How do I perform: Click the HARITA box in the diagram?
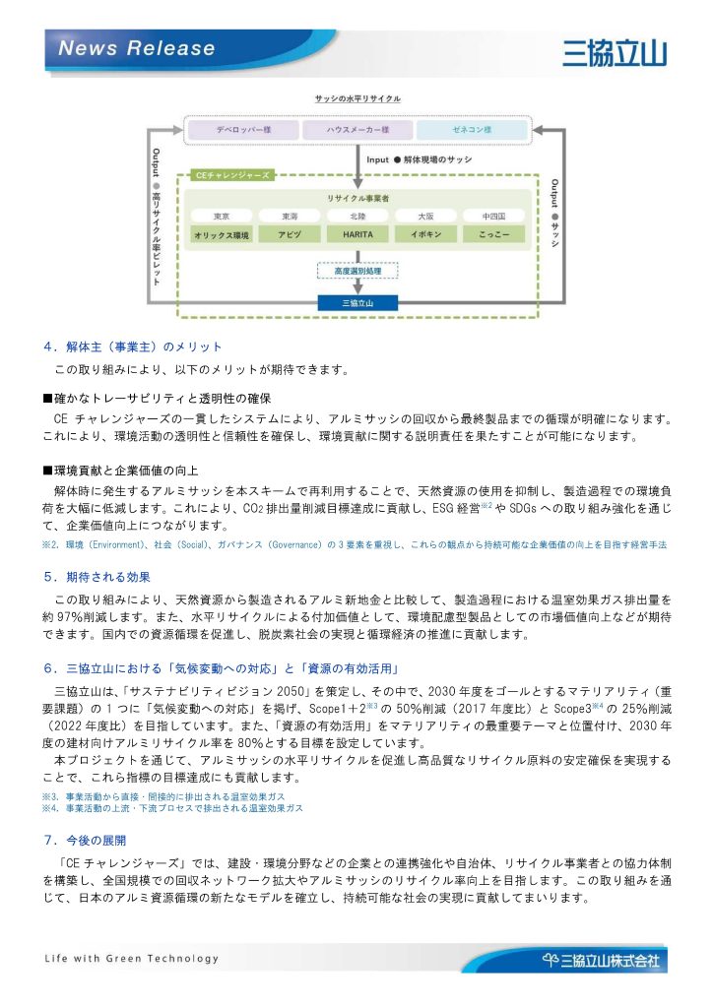pos(356,235)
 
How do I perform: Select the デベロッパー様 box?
pos(238,130)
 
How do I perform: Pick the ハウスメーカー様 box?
pos(356,130)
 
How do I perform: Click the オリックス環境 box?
pos(222,235)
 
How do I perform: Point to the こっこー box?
pos(493,235)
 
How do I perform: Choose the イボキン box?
pos(425,235)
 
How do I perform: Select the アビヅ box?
pos(289,235)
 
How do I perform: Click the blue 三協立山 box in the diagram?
pos(356,302)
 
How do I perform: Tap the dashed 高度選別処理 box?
pos(356,270)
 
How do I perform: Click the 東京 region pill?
pos(222,216)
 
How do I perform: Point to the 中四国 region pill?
pos(493,216)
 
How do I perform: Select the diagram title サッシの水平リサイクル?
pos(356,99)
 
